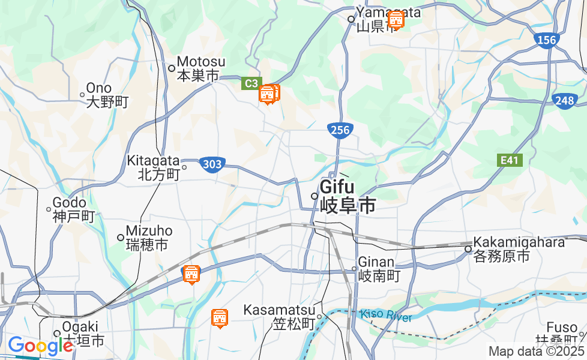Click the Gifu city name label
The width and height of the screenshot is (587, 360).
tap(347, 196)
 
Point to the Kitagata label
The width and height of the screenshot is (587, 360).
tap(153, 167)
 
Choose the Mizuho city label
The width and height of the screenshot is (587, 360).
tap(148, 238)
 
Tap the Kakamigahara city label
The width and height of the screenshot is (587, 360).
tap(519, 249)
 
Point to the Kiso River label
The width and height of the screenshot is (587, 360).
tap(387, 316)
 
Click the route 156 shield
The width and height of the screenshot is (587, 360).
tap(546, 40)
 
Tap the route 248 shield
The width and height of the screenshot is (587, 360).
tap(565, 101)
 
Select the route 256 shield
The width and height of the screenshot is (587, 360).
tap(340, 130)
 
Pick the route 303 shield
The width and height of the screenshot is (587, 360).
tap(212, 164)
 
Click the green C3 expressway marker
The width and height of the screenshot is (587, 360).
tap(251, 83)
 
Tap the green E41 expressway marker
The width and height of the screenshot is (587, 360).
tap(511, 160)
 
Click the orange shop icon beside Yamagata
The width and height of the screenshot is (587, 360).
tap(396, 20)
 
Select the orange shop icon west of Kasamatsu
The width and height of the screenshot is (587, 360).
tap(220, 318)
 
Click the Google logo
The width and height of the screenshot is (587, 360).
tap(40, 346)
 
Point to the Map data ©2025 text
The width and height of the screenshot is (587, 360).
tap(536, 352)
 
